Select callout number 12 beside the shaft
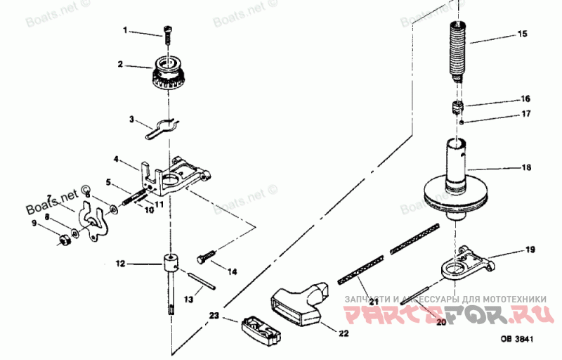coord(120,264)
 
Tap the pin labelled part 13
coord(203,281)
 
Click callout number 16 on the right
coord(525,98)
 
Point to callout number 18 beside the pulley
coord(525,168)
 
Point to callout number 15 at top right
coord(521,34)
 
